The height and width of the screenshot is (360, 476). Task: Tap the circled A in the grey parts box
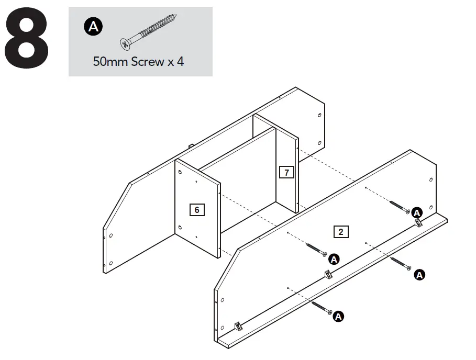tap(93, 27)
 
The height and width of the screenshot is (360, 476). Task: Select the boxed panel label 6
tap(196, 210)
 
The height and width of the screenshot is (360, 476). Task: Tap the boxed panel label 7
tap(286, 172)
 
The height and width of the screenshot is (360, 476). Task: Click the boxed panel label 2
tap(341, 231)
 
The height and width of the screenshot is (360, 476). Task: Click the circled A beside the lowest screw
tap(338, 316)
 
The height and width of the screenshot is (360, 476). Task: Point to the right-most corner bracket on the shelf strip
tap(419, 223)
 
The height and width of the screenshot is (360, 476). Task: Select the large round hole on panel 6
tap(180, 228)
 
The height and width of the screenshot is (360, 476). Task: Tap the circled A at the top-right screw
tap(417, 212)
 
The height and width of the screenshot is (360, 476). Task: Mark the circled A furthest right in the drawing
tap(419, 274)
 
